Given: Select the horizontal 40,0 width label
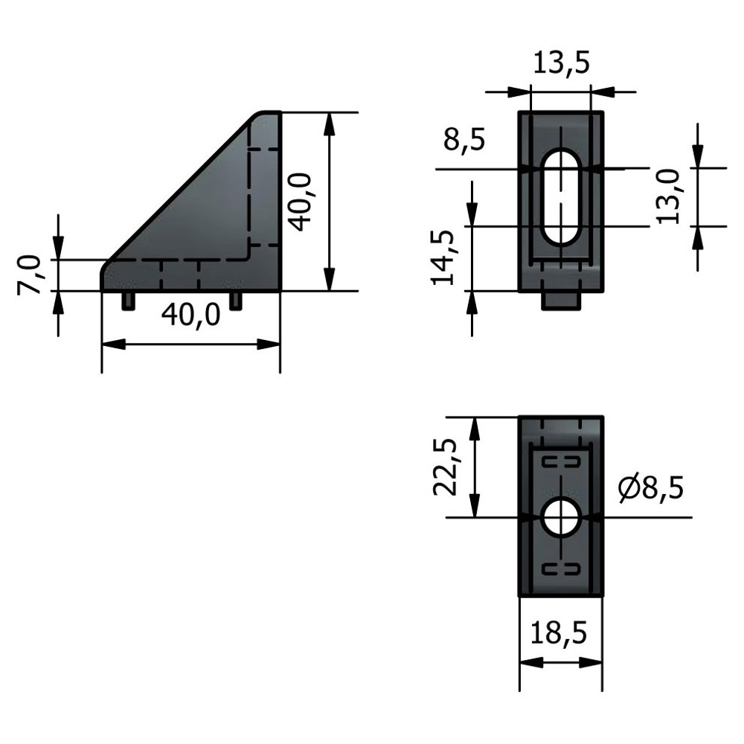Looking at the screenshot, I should pos(191,315).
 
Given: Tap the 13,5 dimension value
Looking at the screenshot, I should pos(561,64).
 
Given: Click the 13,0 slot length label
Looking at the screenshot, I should pos(667,196).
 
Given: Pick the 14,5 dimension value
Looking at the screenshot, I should pos(445,257).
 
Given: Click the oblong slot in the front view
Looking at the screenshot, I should pos(560,196).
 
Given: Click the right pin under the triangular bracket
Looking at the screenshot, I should pos(237,301).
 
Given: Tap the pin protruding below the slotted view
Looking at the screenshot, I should pos(561,301).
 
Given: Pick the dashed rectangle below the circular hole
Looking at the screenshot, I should pos(561,570).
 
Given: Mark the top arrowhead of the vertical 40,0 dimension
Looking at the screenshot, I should pos(327,122).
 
